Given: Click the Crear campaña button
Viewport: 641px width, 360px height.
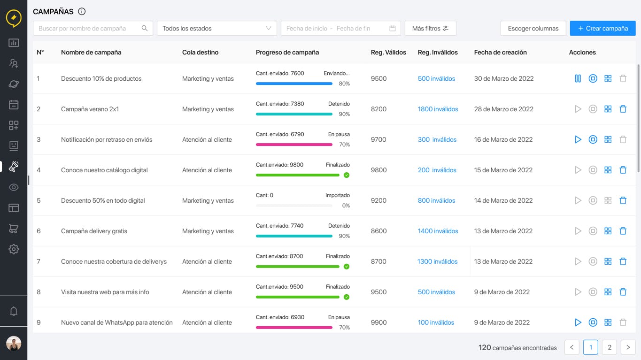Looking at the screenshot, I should point(602,28).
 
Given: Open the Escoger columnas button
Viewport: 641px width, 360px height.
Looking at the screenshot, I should point(533,28).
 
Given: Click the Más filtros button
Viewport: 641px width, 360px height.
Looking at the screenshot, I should point(430,28).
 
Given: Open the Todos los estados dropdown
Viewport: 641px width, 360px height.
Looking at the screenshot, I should point(216,28).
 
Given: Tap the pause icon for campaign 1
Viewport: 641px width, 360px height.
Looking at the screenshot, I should point(578,78).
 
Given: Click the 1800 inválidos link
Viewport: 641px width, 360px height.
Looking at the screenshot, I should point(438,109).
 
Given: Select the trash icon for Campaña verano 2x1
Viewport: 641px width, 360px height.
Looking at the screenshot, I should point(623,109).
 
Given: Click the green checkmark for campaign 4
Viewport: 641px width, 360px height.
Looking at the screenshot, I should point(347,175).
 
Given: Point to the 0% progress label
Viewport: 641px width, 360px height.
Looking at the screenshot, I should point(346,206).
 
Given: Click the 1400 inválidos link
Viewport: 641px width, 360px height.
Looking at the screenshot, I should point(438,231).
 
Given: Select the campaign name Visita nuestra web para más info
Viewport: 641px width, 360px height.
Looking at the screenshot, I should point(105,292).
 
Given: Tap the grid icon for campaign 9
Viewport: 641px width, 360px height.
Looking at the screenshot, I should point(608,322).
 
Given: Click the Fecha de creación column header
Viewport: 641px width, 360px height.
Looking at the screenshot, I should point(500,52).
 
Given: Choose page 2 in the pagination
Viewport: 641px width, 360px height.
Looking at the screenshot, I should point(609,347).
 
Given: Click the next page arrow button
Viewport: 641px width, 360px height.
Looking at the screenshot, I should point(628,347).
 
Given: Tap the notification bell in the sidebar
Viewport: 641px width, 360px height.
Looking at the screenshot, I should point(14,311).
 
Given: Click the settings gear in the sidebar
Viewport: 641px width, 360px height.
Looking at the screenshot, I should point(14,249).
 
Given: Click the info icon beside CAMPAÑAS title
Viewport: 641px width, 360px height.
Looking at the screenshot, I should point(82,11).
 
